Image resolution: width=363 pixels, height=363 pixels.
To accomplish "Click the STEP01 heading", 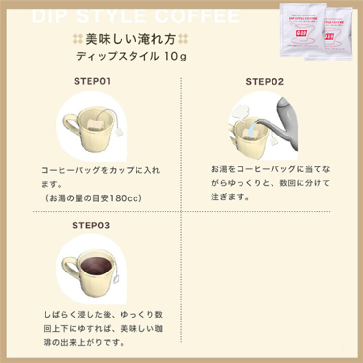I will tap(92, 81).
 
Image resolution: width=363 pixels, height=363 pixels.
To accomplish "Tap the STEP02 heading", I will tap(264, 82).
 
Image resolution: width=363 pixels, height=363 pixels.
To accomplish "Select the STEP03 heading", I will tap(91, 226).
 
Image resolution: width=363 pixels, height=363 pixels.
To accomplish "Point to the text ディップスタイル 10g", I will tap(131, 56).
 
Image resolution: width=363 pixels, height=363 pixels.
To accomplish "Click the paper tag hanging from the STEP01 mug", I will tap(120, 131).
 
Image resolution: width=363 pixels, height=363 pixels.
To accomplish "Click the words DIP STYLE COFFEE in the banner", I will tap(136, 16).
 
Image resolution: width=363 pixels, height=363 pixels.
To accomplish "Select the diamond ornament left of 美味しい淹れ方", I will tap(76, 39).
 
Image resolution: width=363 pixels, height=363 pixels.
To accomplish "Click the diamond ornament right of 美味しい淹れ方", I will tap(183, 39).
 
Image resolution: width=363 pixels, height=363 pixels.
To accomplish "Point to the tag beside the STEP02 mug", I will tap(274, 141).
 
